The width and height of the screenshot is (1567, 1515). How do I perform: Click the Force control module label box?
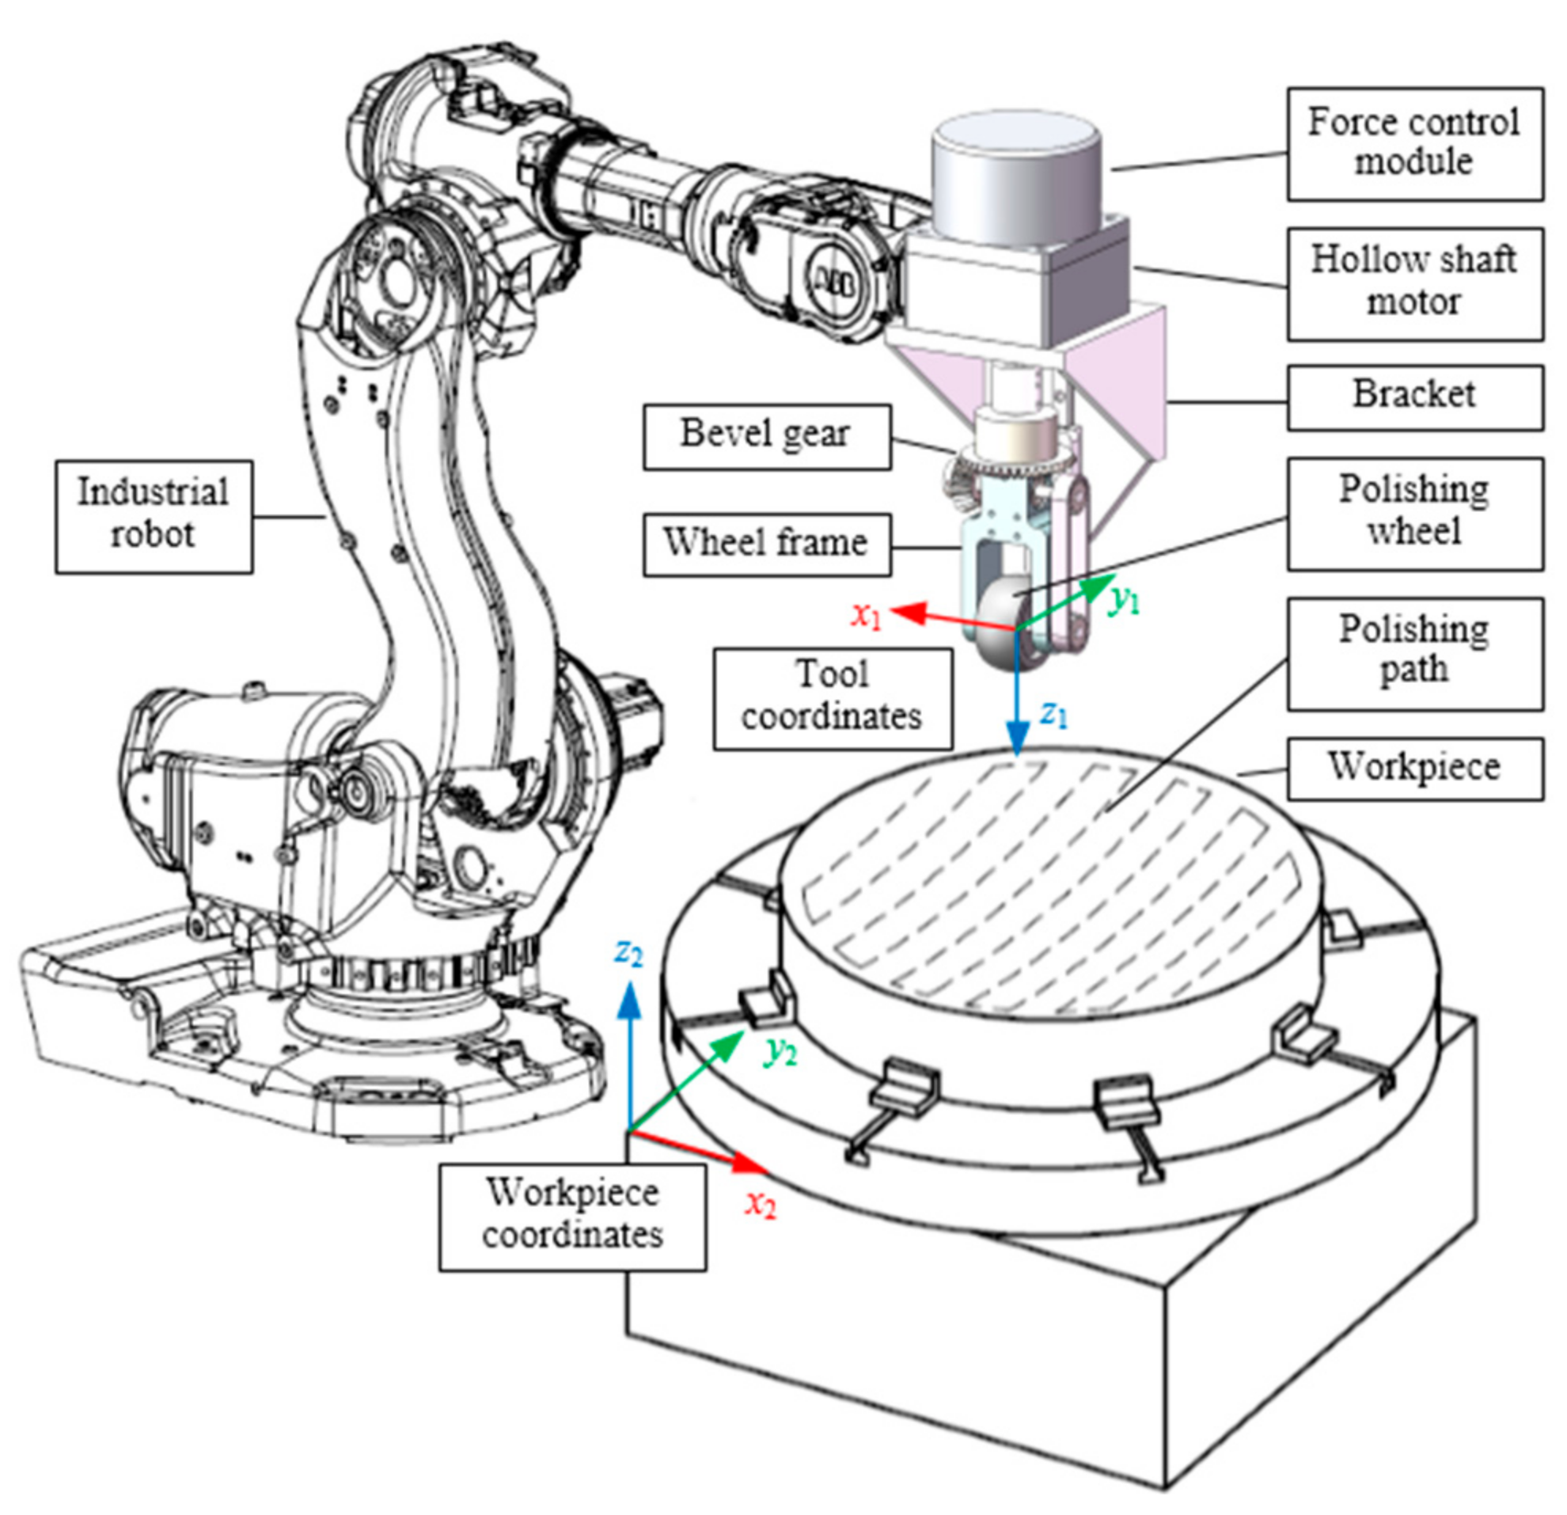1413,144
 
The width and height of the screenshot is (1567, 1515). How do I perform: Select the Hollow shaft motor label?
1413,284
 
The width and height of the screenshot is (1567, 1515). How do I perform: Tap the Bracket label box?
1413,397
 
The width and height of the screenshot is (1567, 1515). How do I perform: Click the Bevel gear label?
766,436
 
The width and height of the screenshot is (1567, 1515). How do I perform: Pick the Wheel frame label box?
766,545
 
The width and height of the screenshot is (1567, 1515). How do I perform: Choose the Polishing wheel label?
1413,513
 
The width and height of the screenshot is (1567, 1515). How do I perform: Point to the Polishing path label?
1413,653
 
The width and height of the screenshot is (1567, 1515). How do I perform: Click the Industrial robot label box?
154,516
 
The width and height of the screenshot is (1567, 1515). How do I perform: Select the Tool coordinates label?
832,698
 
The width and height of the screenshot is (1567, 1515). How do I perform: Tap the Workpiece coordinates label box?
571,1216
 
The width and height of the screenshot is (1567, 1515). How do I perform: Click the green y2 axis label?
780,1054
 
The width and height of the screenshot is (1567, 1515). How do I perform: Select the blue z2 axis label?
628,953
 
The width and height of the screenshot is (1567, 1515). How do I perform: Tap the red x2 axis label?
761,1204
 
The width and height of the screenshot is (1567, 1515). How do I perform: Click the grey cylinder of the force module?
1015,180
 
